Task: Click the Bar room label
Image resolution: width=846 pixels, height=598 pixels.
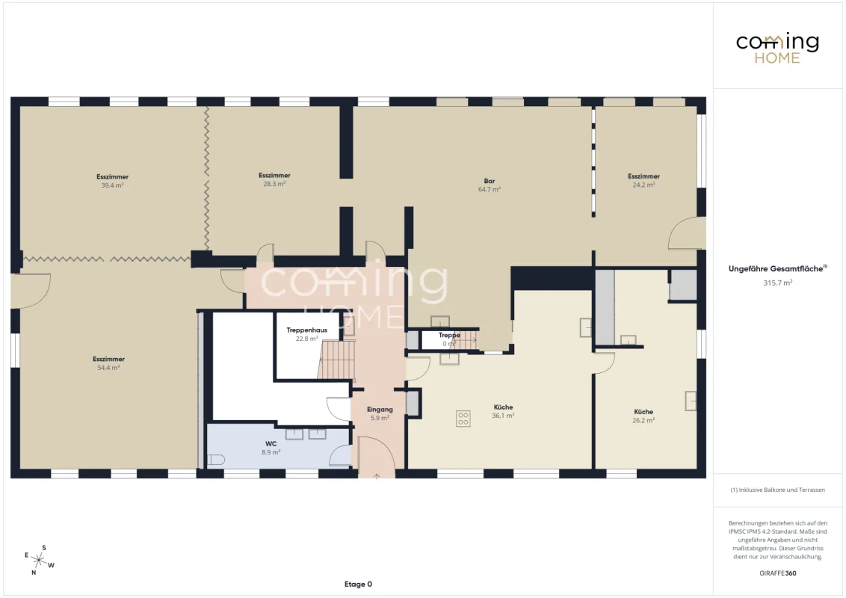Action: (x=490, y=181)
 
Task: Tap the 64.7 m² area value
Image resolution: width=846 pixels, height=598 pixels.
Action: (x=490, y=189)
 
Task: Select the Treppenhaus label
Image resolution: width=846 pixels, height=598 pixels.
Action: (x=306, y=330)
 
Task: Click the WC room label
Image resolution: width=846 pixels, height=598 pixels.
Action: (x=271, y=444)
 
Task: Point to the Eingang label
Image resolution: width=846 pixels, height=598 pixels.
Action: (x=380, y=409)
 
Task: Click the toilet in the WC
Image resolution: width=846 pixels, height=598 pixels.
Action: (x=216, y=460)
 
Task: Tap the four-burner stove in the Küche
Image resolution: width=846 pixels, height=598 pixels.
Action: (x=463, y=419)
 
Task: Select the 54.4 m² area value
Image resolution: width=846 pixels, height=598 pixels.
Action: (x=108, y=368)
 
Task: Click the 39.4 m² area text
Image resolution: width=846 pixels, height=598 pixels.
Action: (x=112, y=185)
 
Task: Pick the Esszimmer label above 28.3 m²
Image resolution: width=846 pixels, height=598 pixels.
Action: (x=274, y=175)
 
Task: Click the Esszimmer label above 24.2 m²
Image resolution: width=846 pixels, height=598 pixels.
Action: (x=643, y=176)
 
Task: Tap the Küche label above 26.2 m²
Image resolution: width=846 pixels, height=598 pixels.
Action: (x=643, y=411)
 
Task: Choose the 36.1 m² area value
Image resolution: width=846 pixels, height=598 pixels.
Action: (x=503, y=416)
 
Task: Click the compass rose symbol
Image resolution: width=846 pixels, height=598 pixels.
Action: (x=39, y=560)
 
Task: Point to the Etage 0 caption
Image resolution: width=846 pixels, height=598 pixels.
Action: (x=358, y=584)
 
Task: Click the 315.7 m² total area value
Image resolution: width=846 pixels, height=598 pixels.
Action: (x=777, y=283)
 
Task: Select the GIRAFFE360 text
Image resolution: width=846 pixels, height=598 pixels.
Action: (x=777, y=573)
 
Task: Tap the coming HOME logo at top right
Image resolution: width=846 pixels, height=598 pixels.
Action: (x=777, y=49)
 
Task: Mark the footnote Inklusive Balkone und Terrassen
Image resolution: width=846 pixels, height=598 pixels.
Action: (x=777, y=490)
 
